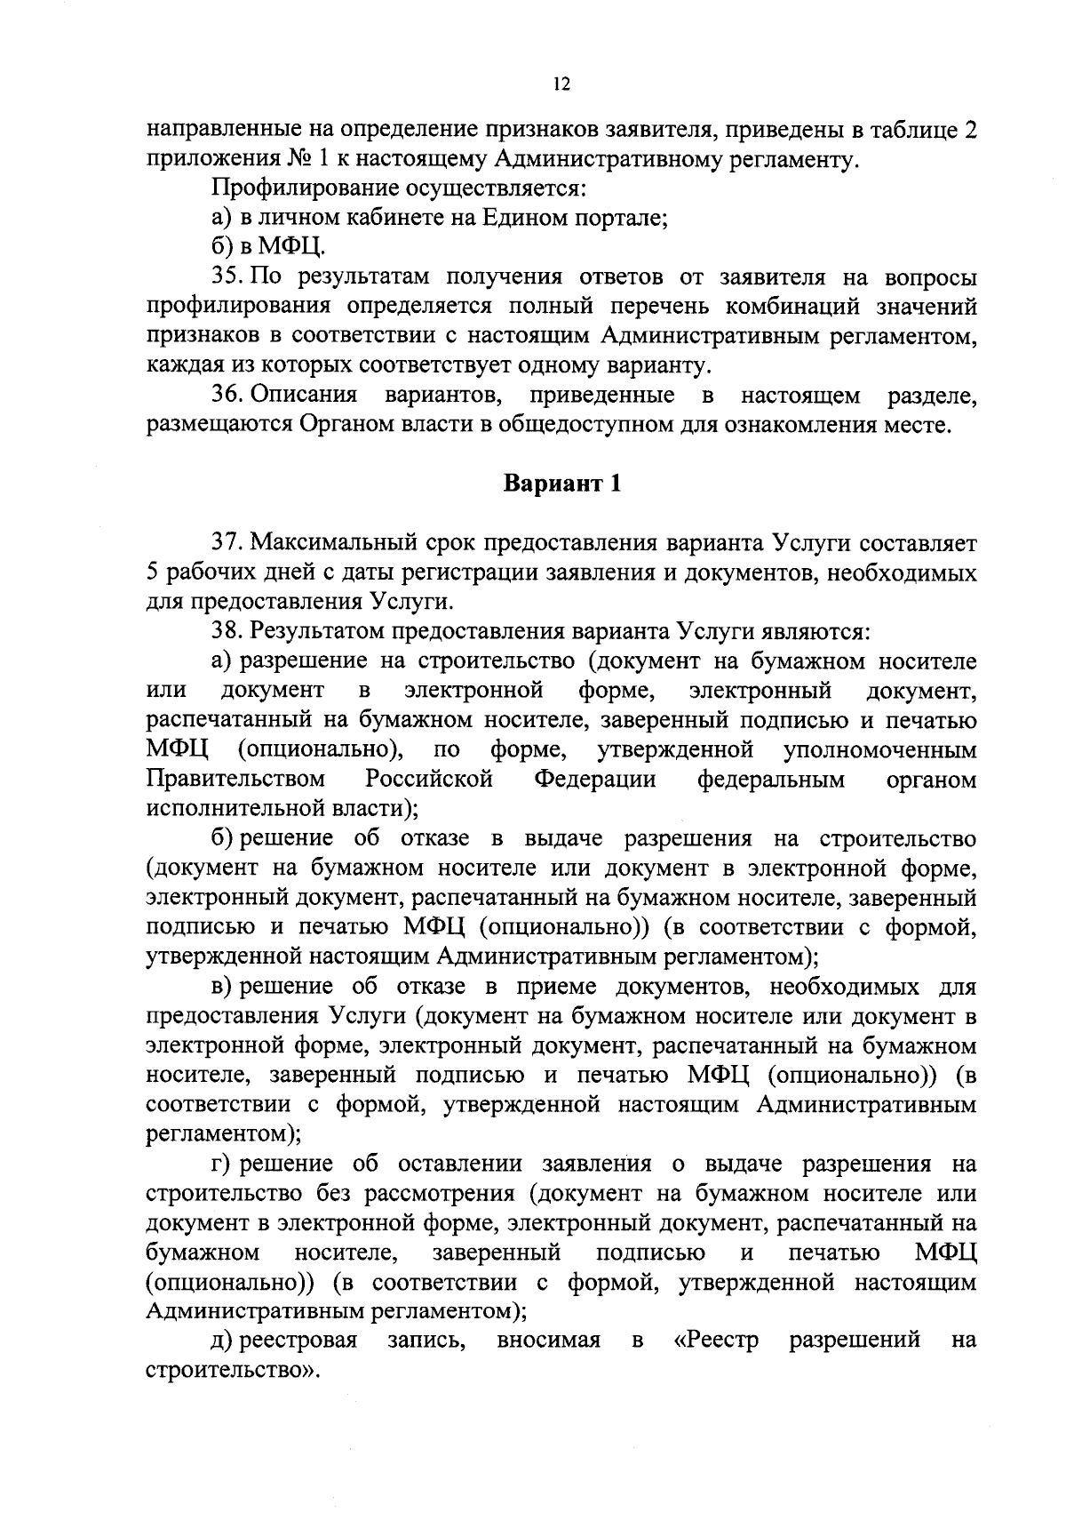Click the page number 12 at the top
pos(560,84)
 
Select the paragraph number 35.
pos(227,278)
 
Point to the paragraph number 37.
pos(227,542)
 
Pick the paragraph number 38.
pos(227,632)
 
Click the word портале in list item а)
pos(627,219)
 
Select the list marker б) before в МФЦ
pos(221,248)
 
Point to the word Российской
pos(429,780)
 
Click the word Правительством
pos(235,780)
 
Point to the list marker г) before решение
pos(221,1165)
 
